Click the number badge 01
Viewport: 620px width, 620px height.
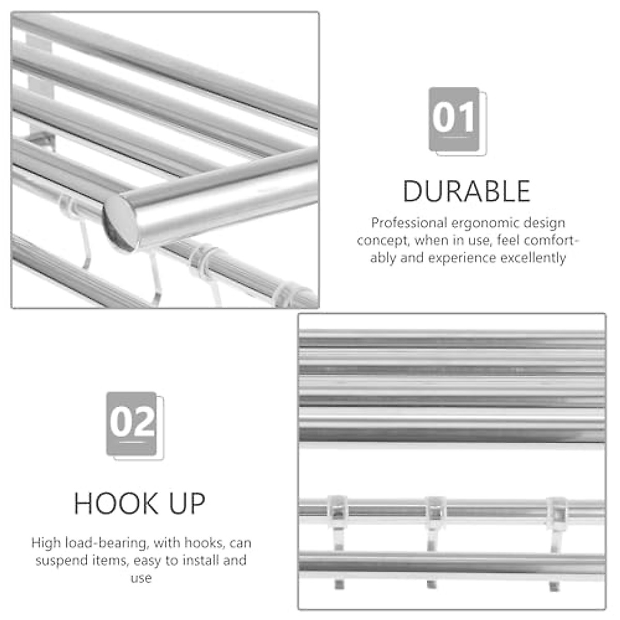tap(455, 118)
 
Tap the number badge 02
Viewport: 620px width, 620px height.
tap(132, 423)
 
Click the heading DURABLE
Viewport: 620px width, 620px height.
tap(467, 191)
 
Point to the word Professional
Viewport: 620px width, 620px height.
tap(409, 223)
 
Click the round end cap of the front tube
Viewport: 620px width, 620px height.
tap(120, 222)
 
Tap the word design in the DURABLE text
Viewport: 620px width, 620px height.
tap(544, 223)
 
